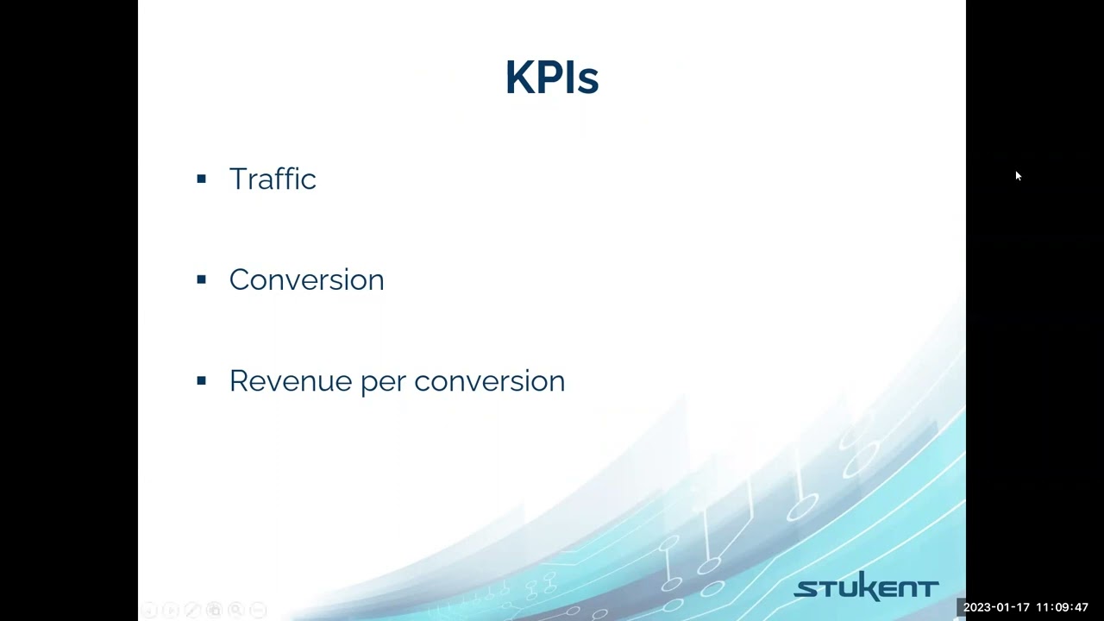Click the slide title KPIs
point(551,78)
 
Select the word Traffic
point(273,179)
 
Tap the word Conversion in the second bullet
point(306,279)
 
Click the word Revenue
point(291,380)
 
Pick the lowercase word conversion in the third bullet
point(489,380)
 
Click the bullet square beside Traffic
point(202,179)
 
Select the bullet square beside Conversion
point(202,279)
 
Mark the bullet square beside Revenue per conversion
point(202,380)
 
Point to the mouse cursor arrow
point(1018,176)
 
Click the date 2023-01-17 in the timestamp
point(996,607)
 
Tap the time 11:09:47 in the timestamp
point(1062,607)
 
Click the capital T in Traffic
point(238,179)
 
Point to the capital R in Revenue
point(238,380)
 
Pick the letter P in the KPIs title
point(551,78)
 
